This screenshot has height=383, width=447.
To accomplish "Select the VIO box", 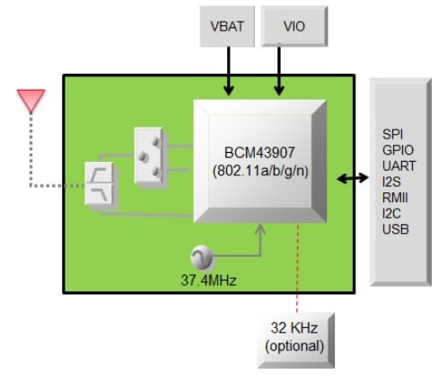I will (294, 27).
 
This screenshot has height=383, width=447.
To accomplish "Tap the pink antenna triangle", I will (31, 101).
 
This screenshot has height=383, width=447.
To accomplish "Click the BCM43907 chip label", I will (259, 152).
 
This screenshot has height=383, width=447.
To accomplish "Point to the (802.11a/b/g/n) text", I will (259, 170).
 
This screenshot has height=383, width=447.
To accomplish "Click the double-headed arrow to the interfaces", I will (351, 179).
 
